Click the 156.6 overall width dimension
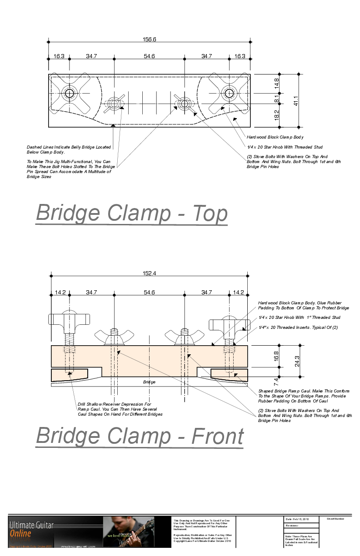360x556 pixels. (x=150, y=40)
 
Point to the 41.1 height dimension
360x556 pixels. (x=295, y=99)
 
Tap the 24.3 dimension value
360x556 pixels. (x=297, y=361)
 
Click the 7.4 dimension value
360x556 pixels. (x=276, y=380)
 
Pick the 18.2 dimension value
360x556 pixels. (x=276, y=115)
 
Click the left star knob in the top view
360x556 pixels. (x=70, y=94)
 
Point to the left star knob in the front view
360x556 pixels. (x=68, y=321)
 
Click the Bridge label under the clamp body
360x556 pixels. (x=150, y=382)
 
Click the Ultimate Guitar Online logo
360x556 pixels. (x=31, y=529)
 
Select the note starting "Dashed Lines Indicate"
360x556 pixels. (x=69, y=149)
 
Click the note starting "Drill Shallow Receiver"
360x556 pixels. (x=120, y=409)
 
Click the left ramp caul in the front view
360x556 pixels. (x=70, y=374)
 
